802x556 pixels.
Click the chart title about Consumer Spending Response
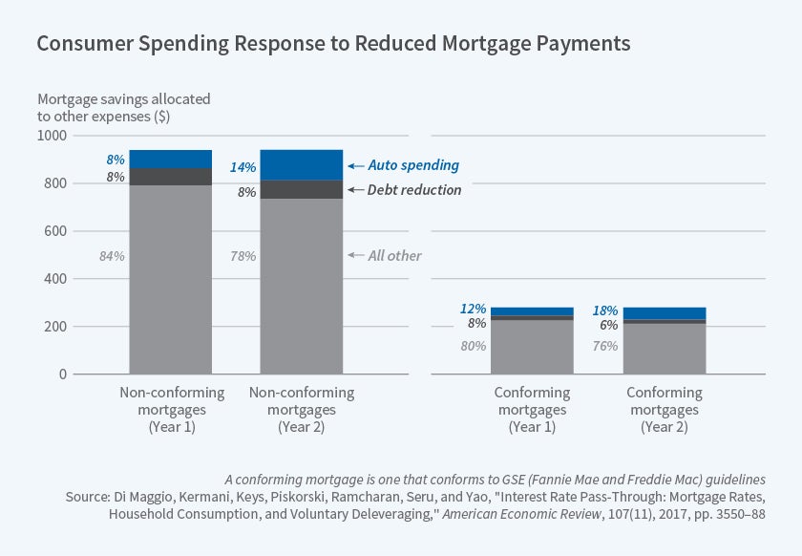click(333, 44)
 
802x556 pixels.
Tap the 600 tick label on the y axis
click(55, 231)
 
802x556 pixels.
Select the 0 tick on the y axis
click(63, 374)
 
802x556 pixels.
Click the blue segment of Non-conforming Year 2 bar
click(302, 164)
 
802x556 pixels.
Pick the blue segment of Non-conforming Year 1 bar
click(170, 159)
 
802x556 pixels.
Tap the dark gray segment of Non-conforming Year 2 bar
click(302, 189)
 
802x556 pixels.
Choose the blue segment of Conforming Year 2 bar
click(664, 313)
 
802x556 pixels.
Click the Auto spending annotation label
click(413, 165)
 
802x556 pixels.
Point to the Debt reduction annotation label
click(413, 190)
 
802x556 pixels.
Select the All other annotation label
click(394, 255)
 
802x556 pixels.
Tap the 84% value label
click(112, 256)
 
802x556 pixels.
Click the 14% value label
click(243, 167)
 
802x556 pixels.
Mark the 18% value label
click(604, 310)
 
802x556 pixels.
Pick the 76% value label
click(604, 346)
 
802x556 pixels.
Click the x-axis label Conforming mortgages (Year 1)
click(532, 410)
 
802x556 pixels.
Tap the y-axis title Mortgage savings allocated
click(124, 107)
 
